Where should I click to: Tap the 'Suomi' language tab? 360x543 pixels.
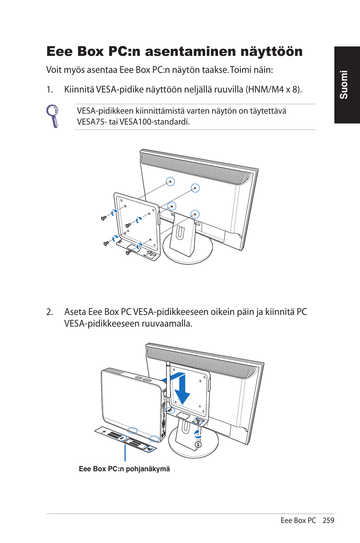(344, 85)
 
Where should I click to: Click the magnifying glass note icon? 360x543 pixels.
(53, 116)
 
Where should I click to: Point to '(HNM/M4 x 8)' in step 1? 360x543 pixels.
(274, 89)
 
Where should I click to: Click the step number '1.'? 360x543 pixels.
(49, 89)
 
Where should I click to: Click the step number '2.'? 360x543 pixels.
(49, 312)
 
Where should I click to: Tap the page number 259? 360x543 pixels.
(328, 520)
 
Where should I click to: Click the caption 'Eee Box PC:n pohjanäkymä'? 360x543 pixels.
(124, 469)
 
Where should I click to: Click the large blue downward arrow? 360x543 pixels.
(182, 389)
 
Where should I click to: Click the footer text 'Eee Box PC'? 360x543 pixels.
(298, 520)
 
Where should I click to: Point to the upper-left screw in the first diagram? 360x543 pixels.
(104, 218)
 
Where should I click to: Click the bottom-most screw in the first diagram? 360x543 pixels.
(128, 252)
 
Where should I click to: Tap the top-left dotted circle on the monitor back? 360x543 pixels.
(171, 182)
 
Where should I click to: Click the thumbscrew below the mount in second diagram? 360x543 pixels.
(198, 444)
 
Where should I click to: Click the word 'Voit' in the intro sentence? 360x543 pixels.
(54, 70)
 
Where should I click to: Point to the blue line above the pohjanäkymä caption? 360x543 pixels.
(125, 452)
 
